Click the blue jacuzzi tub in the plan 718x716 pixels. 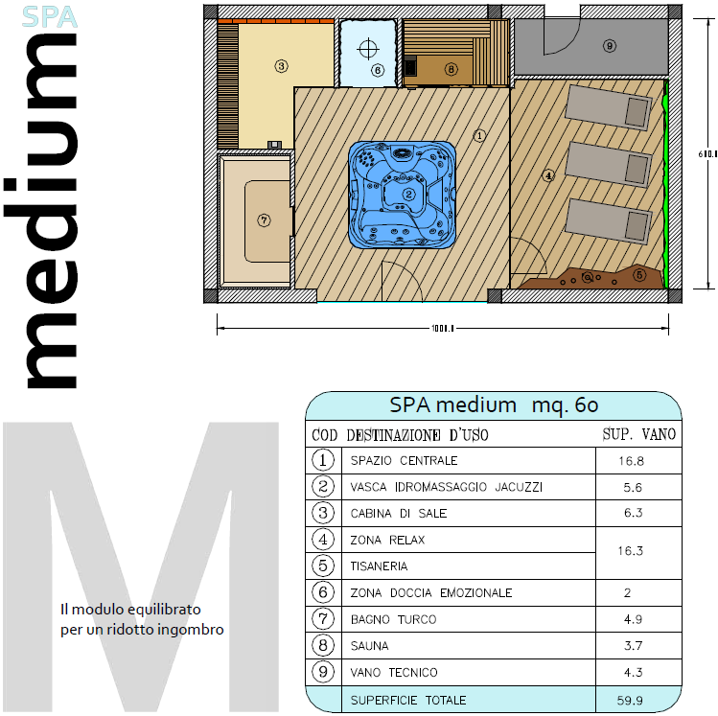coord(402,195)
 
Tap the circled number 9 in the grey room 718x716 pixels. coord(610,46)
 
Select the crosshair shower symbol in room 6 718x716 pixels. coord(368,49)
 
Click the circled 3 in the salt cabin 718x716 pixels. coord(281,66)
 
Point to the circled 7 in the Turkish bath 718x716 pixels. coord(264,220)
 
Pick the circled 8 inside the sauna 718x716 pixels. coord(452,69)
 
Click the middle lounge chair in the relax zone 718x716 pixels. coord(609,164)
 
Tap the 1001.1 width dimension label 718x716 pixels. coord(442,328)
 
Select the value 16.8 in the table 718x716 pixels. coord(632,461)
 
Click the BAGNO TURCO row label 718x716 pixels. coord(394,619)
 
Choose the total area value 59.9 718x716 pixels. coord(630,701)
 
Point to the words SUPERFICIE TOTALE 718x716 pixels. coord(408,701)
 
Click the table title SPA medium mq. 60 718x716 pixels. coord(494,405)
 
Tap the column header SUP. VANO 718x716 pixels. coord(639,434)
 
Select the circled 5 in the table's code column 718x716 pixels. coord(323,566)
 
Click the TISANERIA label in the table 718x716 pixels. coord(380,566)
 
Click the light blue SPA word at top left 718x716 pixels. coord(50,17)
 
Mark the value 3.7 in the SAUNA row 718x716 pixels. coord(634,646)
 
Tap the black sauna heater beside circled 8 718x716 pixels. coord(410,65)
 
